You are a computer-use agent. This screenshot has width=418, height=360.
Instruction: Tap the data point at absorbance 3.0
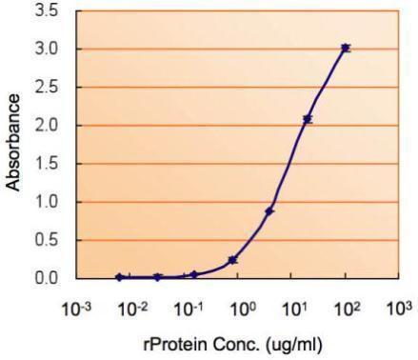click(346, 48)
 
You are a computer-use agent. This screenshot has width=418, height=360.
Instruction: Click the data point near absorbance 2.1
click(308, 119)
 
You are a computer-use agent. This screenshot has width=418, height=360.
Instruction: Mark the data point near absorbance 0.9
click(269, 210)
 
